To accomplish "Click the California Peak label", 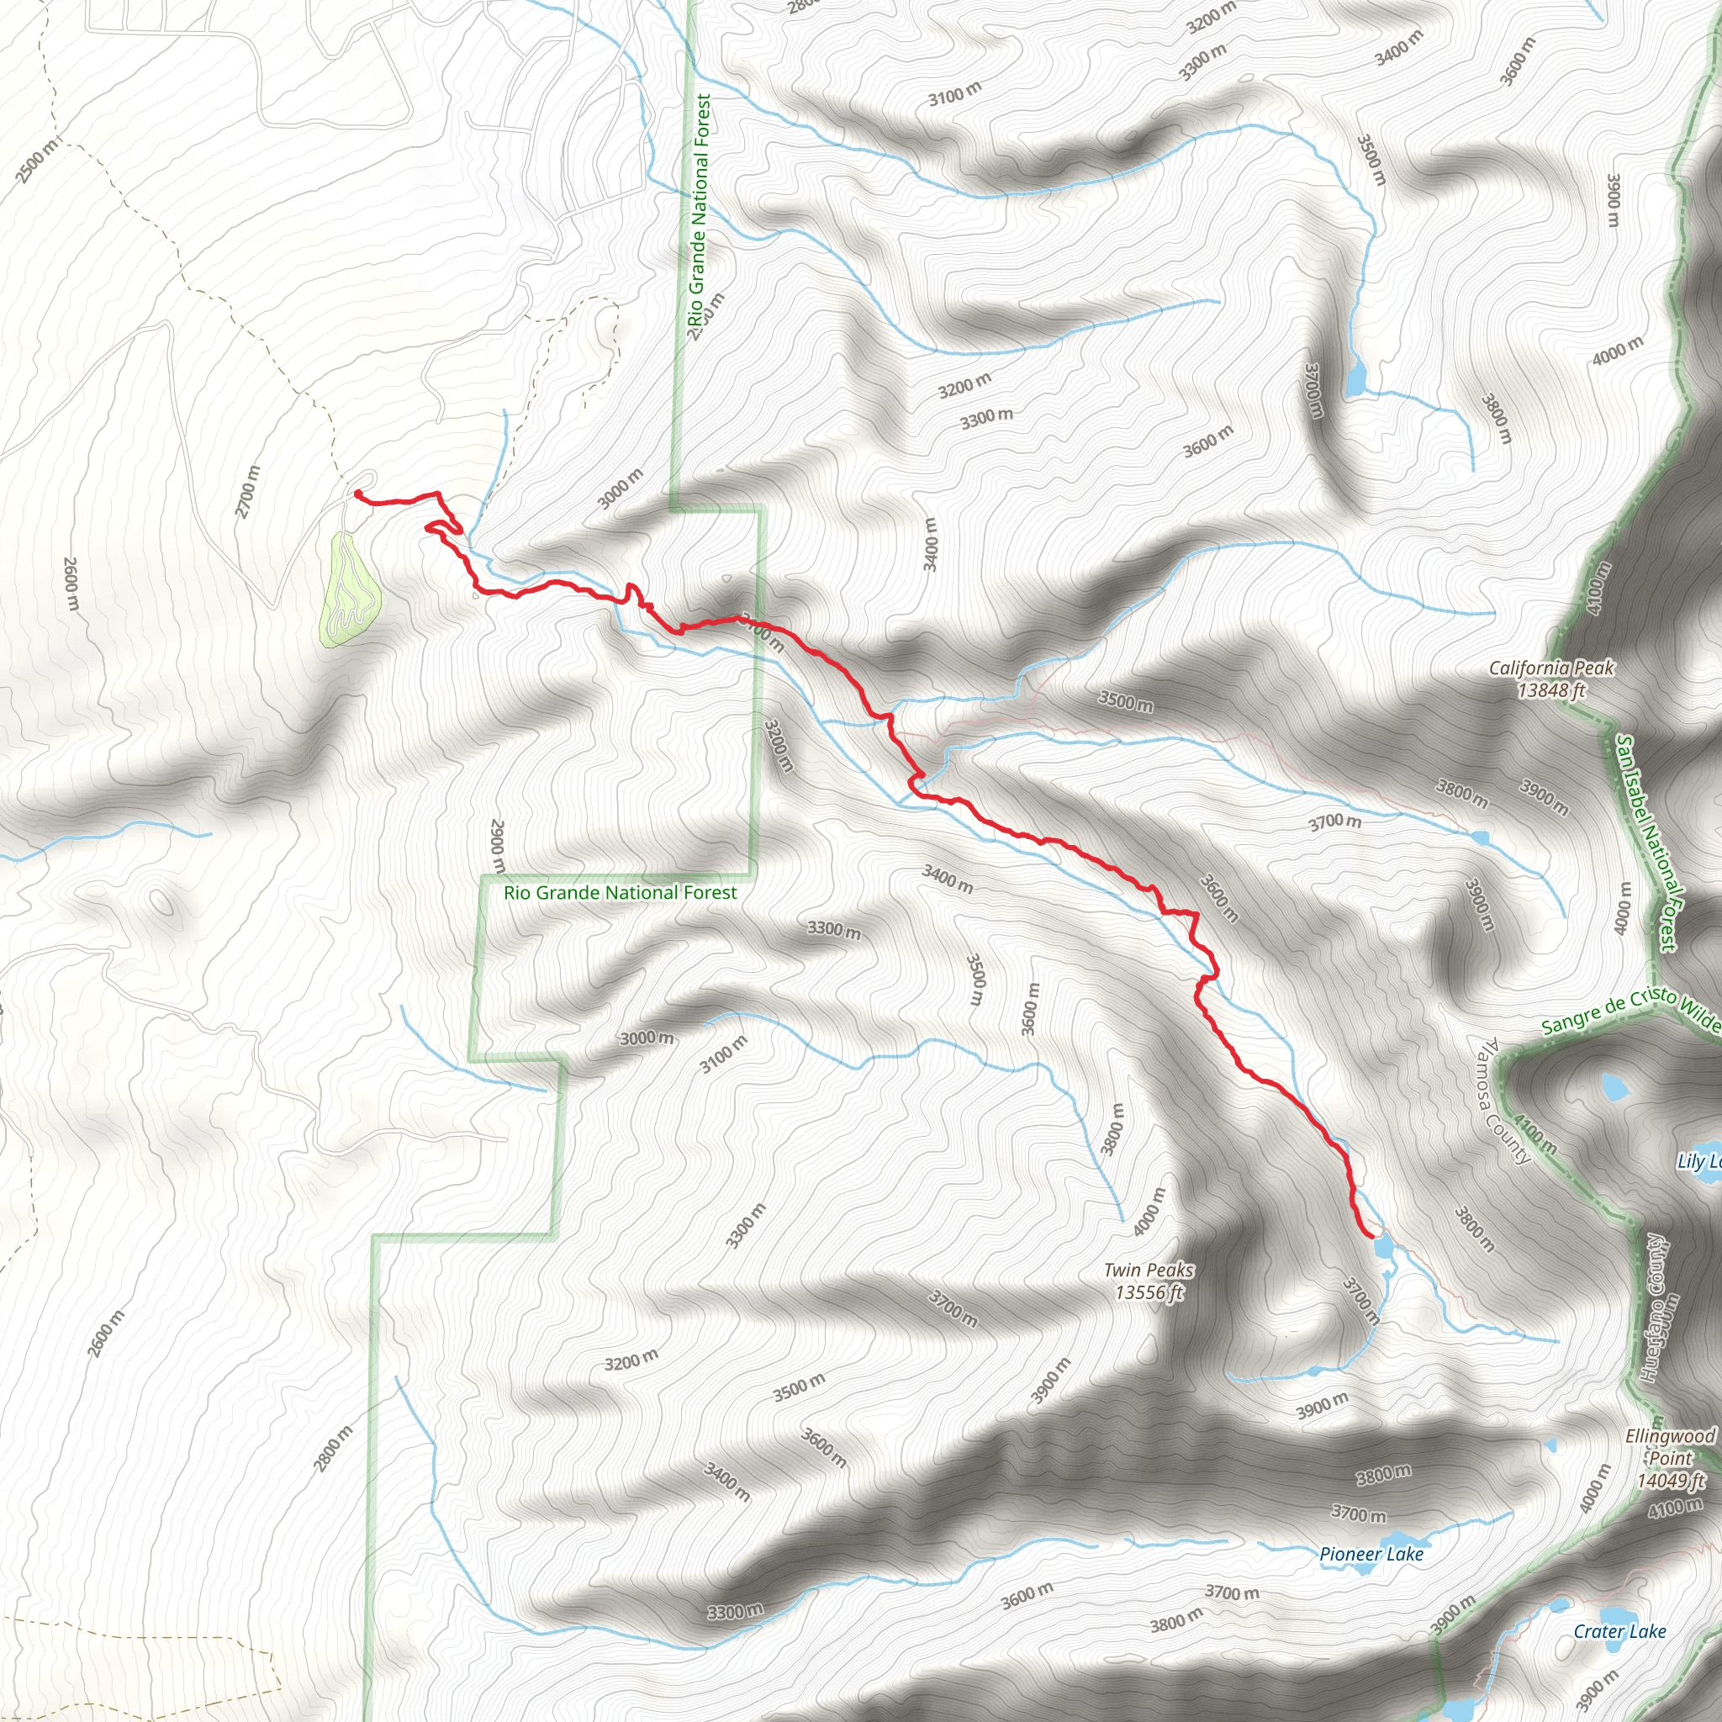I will [x=1552, y=679].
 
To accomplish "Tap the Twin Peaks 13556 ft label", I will [x=1148, y=1281].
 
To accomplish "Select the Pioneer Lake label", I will [x=1371, y=1555].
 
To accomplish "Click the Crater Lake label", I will [x=1619, y=1631].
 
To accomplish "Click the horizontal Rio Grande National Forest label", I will [x=621, y=892].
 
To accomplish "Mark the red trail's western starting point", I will [x=357, y=493].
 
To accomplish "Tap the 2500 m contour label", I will [x=39, y=161].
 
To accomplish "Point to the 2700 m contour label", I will [x=248, y=491].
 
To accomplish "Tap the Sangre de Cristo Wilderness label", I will [x=1631, y=1012].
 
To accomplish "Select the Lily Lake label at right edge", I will [x=1698, y=1160].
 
